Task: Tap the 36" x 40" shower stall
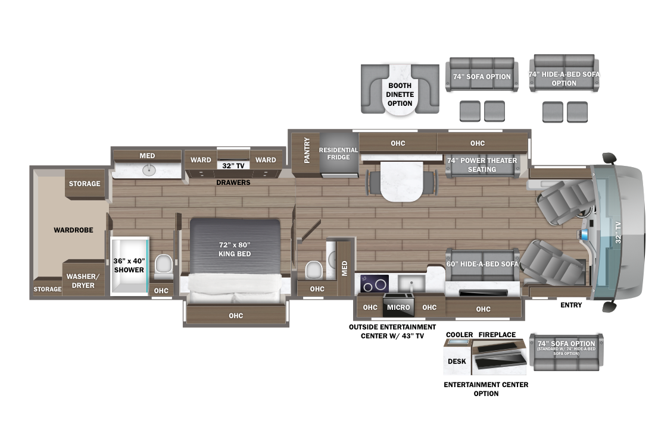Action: pyautogui.click(x=129, y=266)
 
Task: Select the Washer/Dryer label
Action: pyautogui.click(x=83, y=281)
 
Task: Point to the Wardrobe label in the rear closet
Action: pyautogui.click(x=73, y=230)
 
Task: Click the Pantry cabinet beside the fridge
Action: pyautogui.click(x=306, y=153)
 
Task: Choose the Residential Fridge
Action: pyautogui.click(x=339, y=155)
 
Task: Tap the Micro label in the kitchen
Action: pyautogui.click(x=398, y=307)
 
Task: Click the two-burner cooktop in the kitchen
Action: pyautogui.click(x=375, y=284)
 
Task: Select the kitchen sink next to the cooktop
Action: pyautogui.click(x=411, y=284)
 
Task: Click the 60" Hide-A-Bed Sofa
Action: pyautogui.click(x=482, y=264)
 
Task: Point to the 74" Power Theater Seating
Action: pyautogui.click(x=482, y=165)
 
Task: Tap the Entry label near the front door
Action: pyautogui.click(x=571, y=305)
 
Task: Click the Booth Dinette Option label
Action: pyautogui.click(x=400, y=95)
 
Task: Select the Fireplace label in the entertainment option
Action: pyautogui.click(x=497, y=335)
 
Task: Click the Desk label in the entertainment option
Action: pyautogui.click(x=457, y=362)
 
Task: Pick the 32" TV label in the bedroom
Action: pyautogui.click(x=233, y=166)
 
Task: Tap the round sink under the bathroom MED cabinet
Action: pyautogui.click(x=149, y=170)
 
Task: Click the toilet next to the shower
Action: pyautogui.click(x=163, y=266)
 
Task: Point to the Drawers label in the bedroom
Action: pyautogui.click(x=233, y=183)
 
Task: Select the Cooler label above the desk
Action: pyautogui.click(x=460, y=335)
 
